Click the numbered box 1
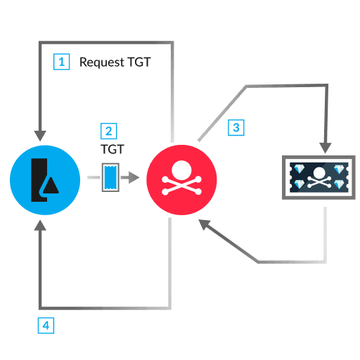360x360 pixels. (62, 62)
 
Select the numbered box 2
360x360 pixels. (109, 131)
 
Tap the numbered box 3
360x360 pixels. (236, 127)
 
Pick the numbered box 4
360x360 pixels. (45, 326)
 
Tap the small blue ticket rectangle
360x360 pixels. (110, 177)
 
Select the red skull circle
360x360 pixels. (181, 180)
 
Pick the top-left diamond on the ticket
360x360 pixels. (298, 169)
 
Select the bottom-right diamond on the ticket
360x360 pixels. (340, 184)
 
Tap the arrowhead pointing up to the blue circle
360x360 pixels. (40, 225)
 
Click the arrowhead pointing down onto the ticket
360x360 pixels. (325, 146)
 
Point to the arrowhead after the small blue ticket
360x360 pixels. (132, 178)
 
